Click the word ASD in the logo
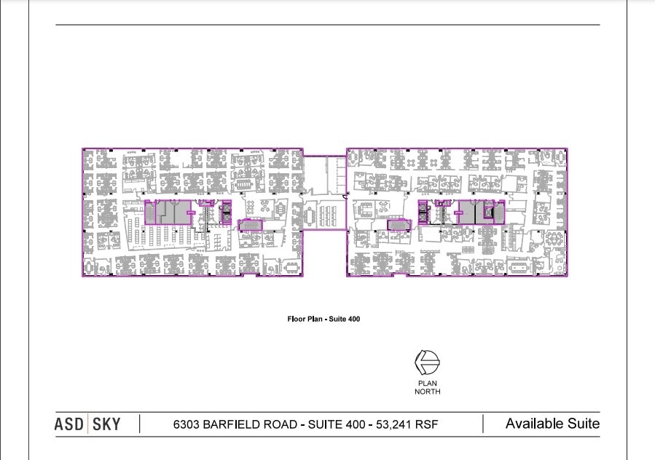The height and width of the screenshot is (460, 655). click(x=69, y=424)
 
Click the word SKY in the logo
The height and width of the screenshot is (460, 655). click(x=106, y=424)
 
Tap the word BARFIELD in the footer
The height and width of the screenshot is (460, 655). click(x=231, y=424)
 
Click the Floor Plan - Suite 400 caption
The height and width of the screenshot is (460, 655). click(x=323, y=319)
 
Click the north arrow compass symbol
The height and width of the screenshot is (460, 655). click(x=427, y=362)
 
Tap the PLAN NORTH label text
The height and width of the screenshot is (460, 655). click(x=428, y=387)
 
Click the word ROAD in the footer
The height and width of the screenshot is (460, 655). click(x=280, y=424)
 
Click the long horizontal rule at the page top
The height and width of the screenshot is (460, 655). click(x=328, y=25)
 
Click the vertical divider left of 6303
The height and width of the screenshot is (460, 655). click(x=139, y=424)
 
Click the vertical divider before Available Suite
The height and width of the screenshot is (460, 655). click(x=483, y=424)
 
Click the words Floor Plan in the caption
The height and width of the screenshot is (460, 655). click(x=305, y=319)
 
